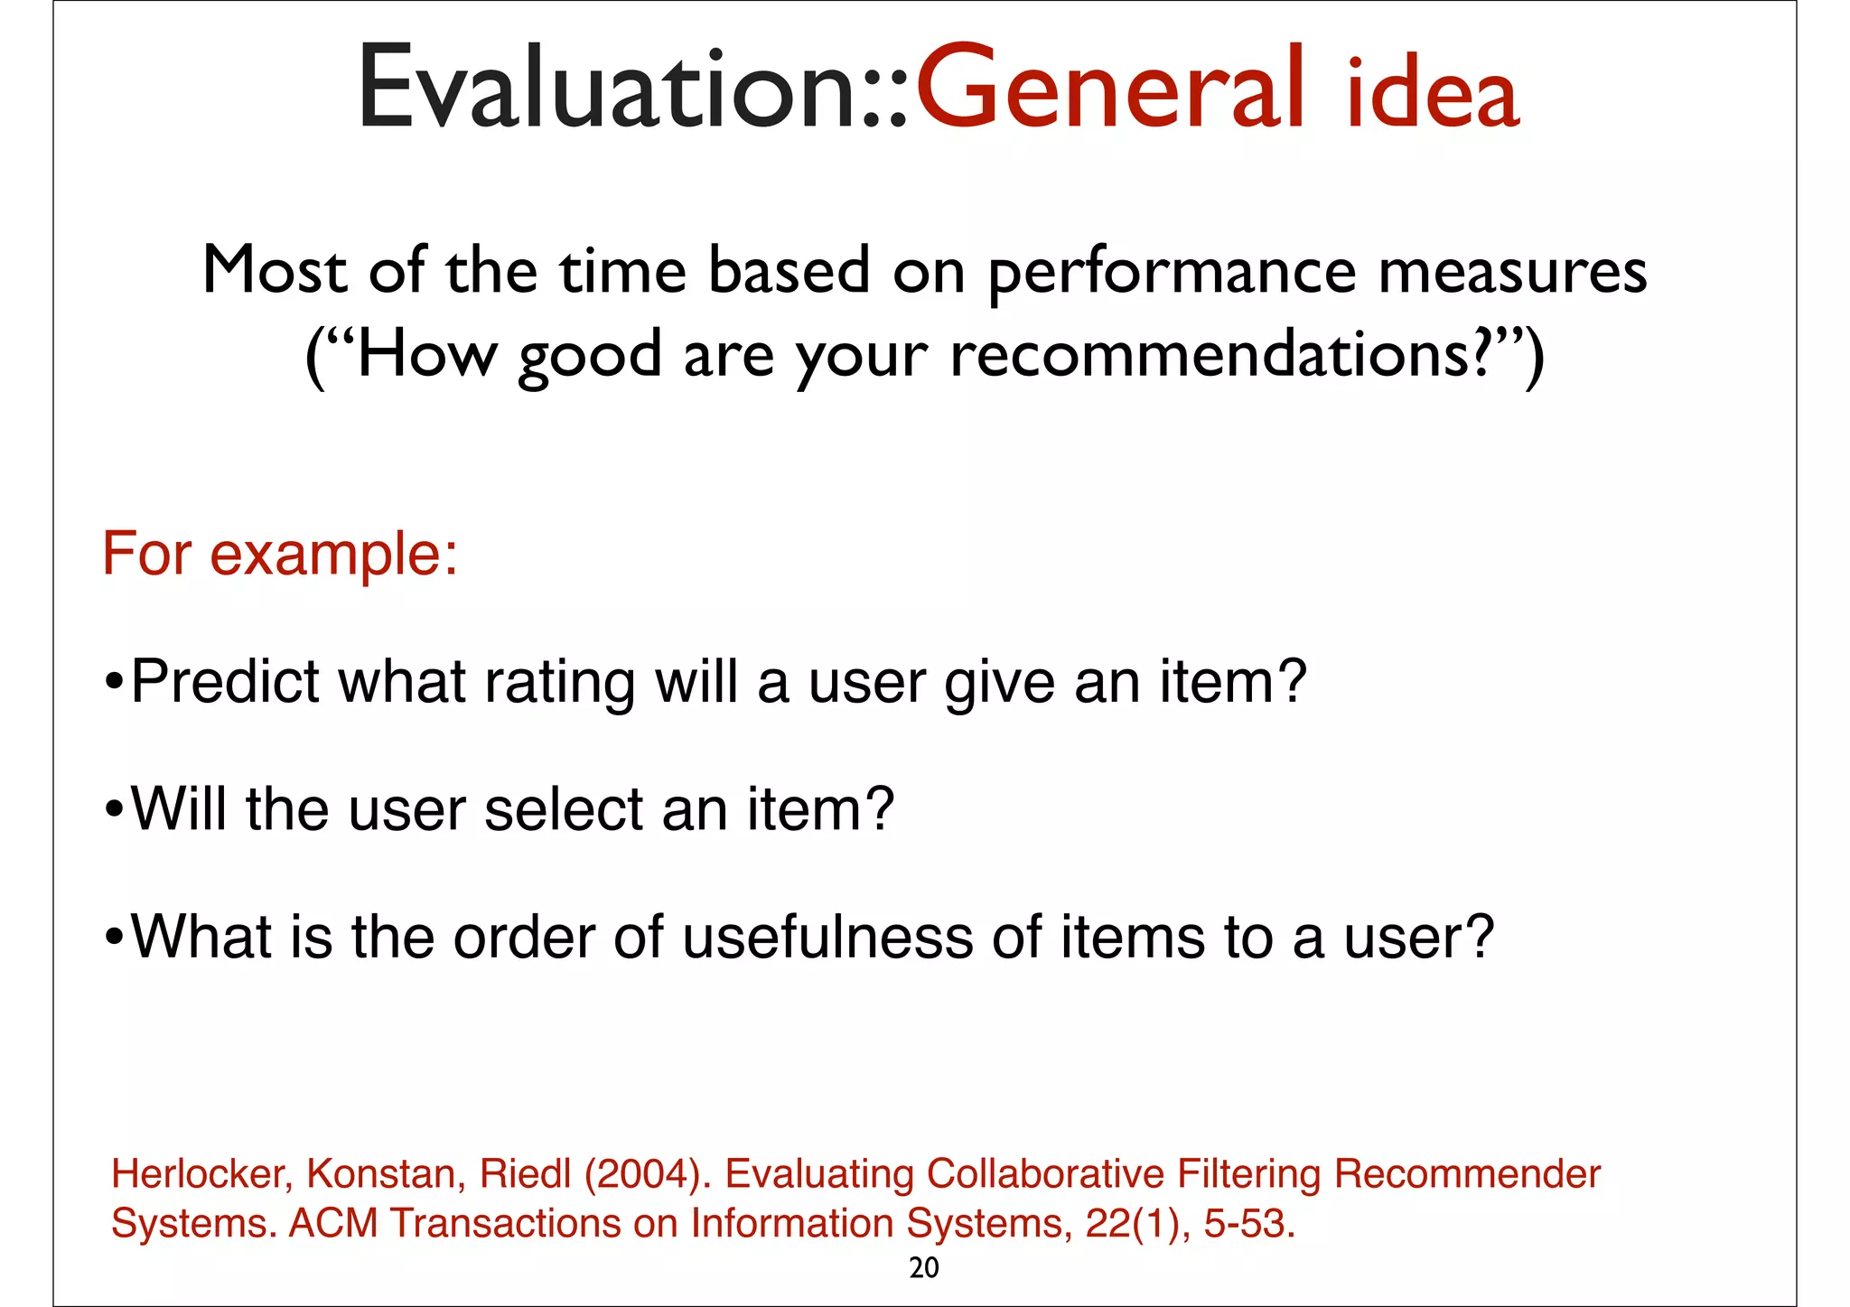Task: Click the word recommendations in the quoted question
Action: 1210,355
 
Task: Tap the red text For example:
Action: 280,554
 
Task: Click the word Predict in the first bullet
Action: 225,681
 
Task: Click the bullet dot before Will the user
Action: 114,809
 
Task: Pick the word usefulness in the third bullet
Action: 827,937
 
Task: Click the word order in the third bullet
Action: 523,937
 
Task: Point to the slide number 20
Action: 924,1268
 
